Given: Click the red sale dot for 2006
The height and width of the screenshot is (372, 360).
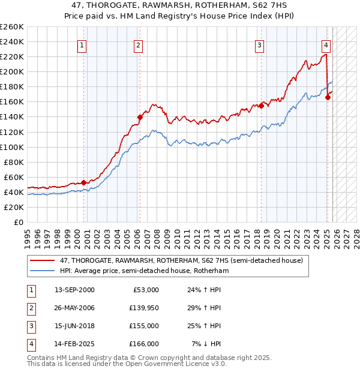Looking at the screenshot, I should (x=139, y=117).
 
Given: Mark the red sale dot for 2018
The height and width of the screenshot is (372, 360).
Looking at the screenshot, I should (x=262, y=106).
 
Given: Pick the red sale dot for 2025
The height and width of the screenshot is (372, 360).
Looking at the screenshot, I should (x=328, y=97).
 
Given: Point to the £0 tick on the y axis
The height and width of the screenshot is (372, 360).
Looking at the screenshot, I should (x=18, y=222).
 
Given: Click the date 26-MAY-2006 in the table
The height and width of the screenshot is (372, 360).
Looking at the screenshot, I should (x=75, y=307).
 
